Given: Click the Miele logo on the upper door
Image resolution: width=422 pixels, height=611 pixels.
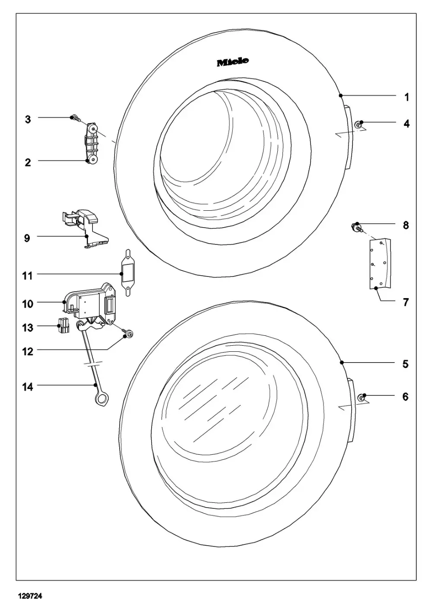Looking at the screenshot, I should pos(232,62).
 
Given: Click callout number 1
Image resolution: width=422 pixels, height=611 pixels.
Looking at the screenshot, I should pos(406,97).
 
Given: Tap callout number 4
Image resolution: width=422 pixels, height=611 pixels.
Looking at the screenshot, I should pos(406,124).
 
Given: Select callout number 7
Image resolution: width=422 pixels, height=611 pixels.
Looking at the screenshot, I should pos(406,302).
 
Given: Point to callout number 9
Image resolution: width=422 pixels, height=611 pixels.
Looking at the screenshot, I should pos(27,238).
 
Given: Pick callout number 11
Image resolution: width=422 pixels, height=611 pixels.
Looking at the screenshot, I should pos(27,276).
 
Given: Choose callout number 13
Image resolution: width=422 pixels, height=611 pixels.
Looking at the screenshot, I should pos(27,328).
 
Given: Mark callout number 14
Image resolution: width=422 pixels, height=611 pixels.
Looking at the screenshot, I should pos(27,386).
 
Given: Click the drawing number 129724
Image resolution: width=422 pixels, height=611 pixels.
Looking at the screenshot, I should pos(30,596).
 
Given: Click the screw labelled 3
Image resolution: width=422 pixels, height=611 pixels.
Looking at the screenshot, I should pos(75,117).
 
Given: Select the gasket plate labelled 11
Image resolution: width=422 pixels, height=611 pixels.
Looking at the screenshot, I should pos(127,273).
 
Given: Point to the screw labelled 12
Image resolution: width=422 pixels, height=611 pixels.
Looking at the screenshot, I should pos(128,334).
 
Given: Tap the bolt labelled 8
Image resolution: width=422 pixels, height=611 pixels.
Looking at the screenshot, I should pos(356,227).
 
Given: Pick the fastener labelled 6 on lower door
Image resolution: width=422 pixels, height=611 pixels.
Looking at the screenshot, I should pos(361,398).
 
